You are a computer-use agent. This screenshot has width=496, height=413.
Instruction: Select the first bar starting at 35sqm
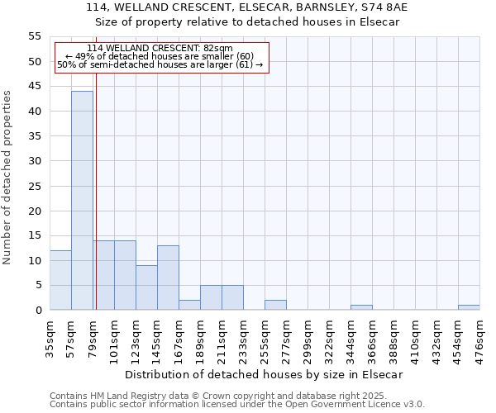point(60,280)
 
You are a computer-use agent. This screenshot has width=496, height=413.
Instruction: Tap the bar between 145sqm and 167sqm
point(168,278)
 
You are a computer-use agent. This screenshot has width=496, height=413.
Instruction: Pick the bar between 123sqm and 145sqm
point(146,287)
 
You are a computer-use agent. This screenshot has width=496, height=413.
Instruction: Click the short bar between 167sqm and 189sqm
point(189,305)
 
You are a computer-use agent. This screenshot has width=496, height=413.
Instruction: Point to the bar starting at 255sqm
point(275,305)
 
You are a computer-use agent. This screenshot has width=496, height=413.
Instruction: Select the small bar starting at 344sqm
point(361,307)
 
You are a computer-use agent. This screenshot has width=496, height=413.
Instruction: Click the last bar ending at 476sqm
point(469,307)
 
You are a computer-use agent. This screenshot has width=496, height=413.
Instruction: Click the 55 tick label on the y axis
point(35,36)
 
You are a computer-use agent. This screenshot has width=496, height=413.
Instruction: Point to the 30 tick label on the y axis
point(35,161)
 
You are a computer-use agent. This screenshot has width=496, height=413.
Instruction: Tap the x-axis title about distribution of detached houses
point(265,374)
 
